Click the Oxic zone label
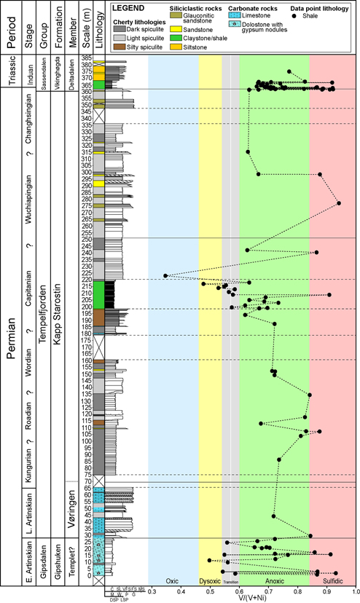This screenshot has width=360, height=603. [x=173, y=580]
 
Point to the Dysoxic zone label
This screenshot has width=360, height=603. [x=210, y=580]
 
